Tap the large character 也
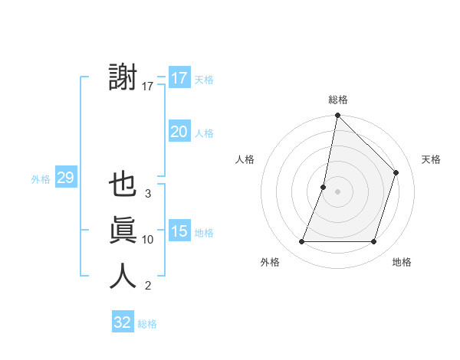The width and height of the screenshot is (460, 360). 123,187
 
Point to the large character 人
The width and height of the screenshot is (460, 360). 123,276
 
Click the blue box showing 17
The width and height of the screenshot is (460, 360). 179,78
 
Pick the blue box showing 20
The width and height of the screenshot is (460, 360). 179,132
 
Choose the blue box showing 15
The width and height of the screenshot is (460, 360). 179,231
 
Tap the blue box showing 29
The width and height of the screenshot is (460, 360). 65,178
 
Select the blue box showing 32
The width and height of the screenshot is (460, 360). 123,322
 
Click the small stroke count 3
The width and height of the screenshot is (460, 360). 148,194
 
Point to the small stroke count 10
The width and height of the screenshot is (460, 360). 148,240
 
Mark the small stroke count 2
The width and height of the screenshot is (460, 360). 148,286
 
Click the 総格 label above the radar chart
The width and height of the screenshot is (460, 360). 337,100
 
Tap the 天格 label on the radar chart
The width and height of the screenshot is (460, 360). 431,159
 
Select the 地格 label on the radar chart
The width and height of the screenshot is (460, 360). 401,262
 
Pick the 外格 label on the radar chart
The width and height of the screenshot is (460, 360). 270,262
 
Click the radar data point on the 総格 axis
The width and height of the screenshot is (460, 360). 337,116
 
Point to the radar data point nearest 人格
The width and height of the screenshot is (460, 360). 324,187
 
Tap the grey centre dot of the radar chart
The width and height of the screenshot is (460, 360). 337,191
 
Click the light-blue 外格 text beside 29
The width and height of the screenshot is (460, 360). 40,179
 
